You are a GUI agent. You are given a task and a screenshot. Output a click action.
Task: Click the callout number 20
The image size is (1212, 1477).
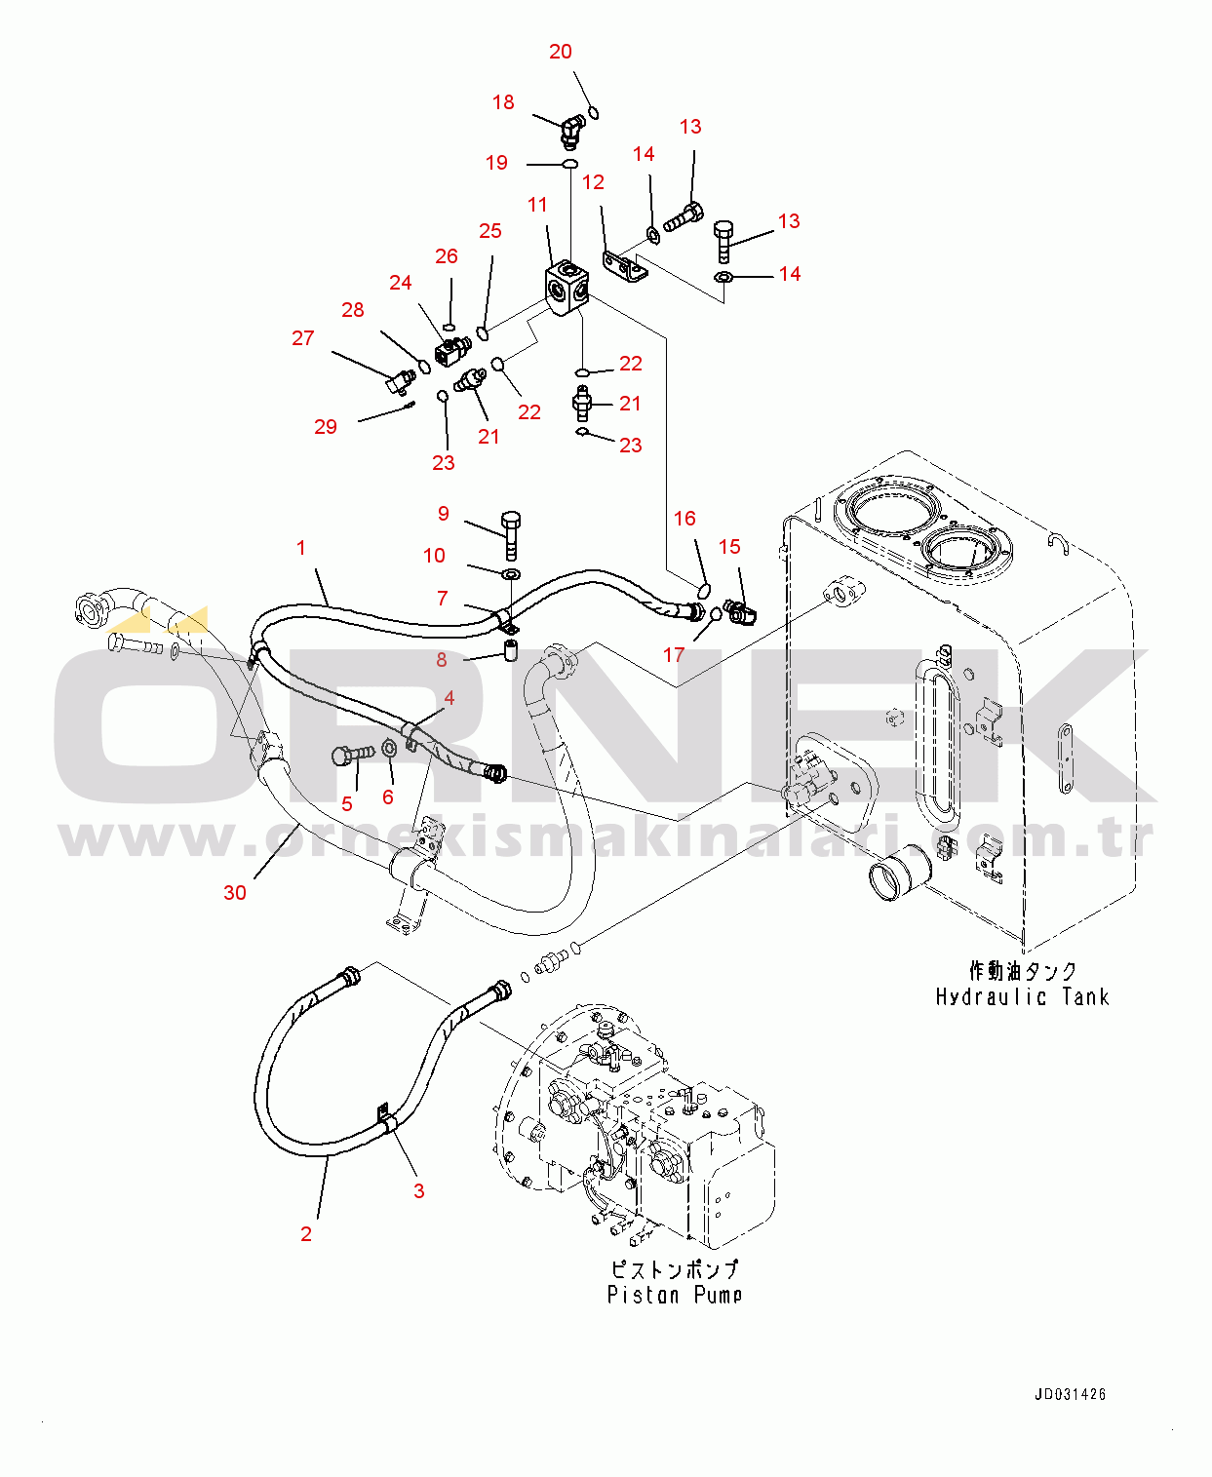(561, 52)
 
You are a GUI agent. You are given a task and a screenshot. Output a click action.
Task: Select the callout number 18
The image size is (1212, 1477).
(503, 102)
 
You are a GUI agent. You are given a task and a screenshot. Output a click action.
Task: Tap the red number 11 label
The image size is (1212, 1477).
(537, 205)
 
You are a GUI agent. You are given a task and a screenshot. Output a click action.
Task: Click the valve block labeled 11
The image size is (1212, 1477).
(567, 289)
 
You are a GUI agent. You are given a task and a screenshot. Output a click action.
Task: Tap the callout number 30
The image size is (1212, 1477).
(235, 892)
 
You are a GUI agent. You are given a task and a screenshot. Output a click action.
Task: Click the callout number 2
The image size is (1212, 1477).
(306, 1233)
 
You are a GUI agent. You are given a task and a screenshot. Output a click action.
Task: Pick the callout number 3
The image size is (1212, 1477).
(419, 1190)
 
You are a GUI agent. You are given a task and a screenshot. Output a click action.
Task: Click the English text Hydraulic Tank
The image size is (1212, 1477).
(1022, 996)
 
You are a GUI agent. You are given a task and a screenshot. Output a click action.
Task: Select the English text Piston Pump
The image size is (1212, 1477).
(674, 1295)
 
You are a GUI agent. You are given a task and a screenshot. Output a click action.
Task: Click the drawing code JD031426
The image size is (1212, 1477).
(1070, 1394)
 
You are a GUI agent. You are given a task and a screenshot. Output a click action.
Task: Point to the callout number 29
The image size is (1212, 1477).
(326, 427)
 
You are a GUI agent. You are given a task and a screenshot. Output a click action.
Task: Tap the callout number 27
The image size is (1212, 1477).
(303, 338)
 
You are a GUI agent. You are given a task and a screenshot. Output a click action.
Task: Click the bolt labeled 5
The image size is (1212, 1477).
(351, 755)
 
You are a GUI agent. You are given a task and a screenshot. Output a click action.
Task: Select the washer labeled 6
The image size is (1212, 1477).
(388, 749)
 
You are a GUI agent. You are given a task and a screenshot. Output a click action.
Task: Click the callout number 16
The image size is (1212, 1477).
(684, 519)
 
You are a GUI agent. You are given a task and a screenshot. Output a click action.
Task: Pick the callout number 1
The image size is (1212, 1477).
(301, 548)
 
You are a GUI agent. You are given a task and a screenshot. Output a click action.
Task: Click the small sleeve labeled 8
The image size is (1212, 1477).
(510, 649)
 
